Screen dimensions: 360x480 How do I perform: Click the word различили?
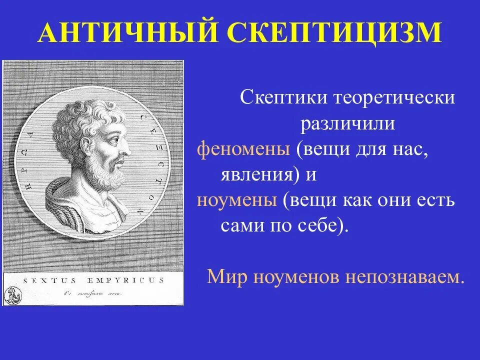[x=347, y=123]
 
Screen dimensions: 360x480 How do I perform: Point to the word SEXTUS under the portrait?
[x=46, y=281]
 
